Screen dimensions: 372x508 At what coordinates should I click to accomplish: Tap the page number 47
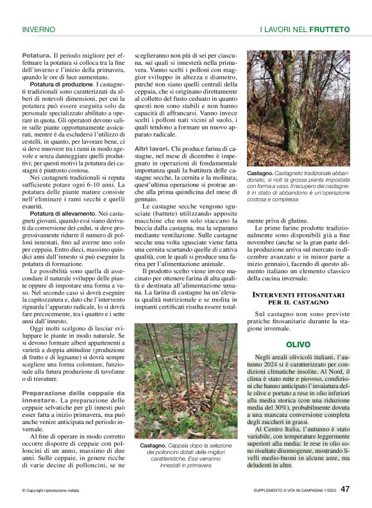pos(345,489)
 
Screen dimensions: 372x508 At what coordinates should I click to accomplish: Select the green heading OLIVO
pos(298,344)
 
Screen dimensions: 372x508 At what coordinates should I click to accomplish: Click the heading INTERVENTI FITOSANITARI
pos(298,294)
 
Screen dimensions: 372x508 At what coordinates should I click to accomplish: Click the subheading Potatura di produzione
pos(62,84)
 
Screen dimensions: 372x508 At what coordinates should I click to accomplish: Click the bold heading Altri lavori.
pos(151,148)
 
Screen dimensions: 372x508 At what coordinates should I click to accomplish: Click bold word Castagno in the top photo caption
pos(260,174)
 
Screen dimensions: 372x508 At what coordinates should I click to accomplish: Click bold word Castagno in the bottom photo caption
pos(153,444)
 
